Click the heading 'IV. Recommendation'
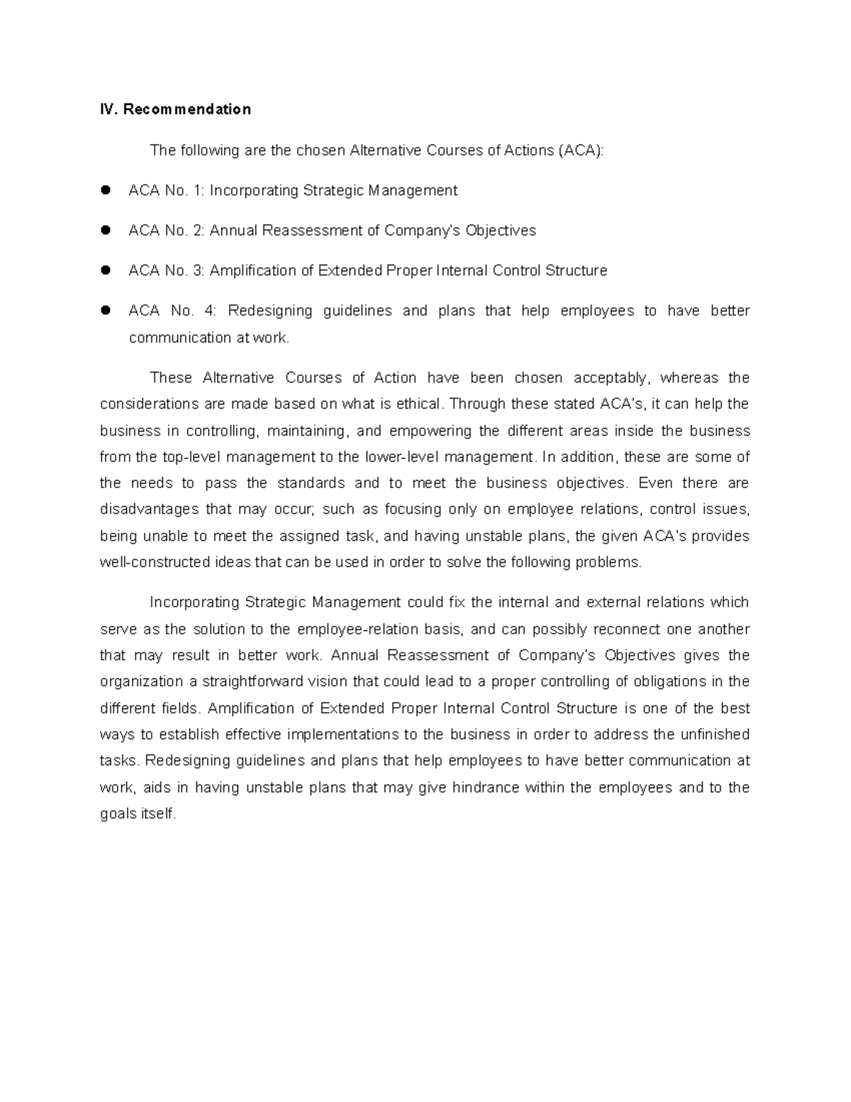(175, 109)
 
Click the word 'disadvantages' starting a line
(149, 509)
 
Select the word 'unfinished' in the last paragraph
(714, 734)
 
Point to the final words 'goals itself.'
(138, 814)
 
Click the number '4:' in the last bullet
(212, 311)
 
